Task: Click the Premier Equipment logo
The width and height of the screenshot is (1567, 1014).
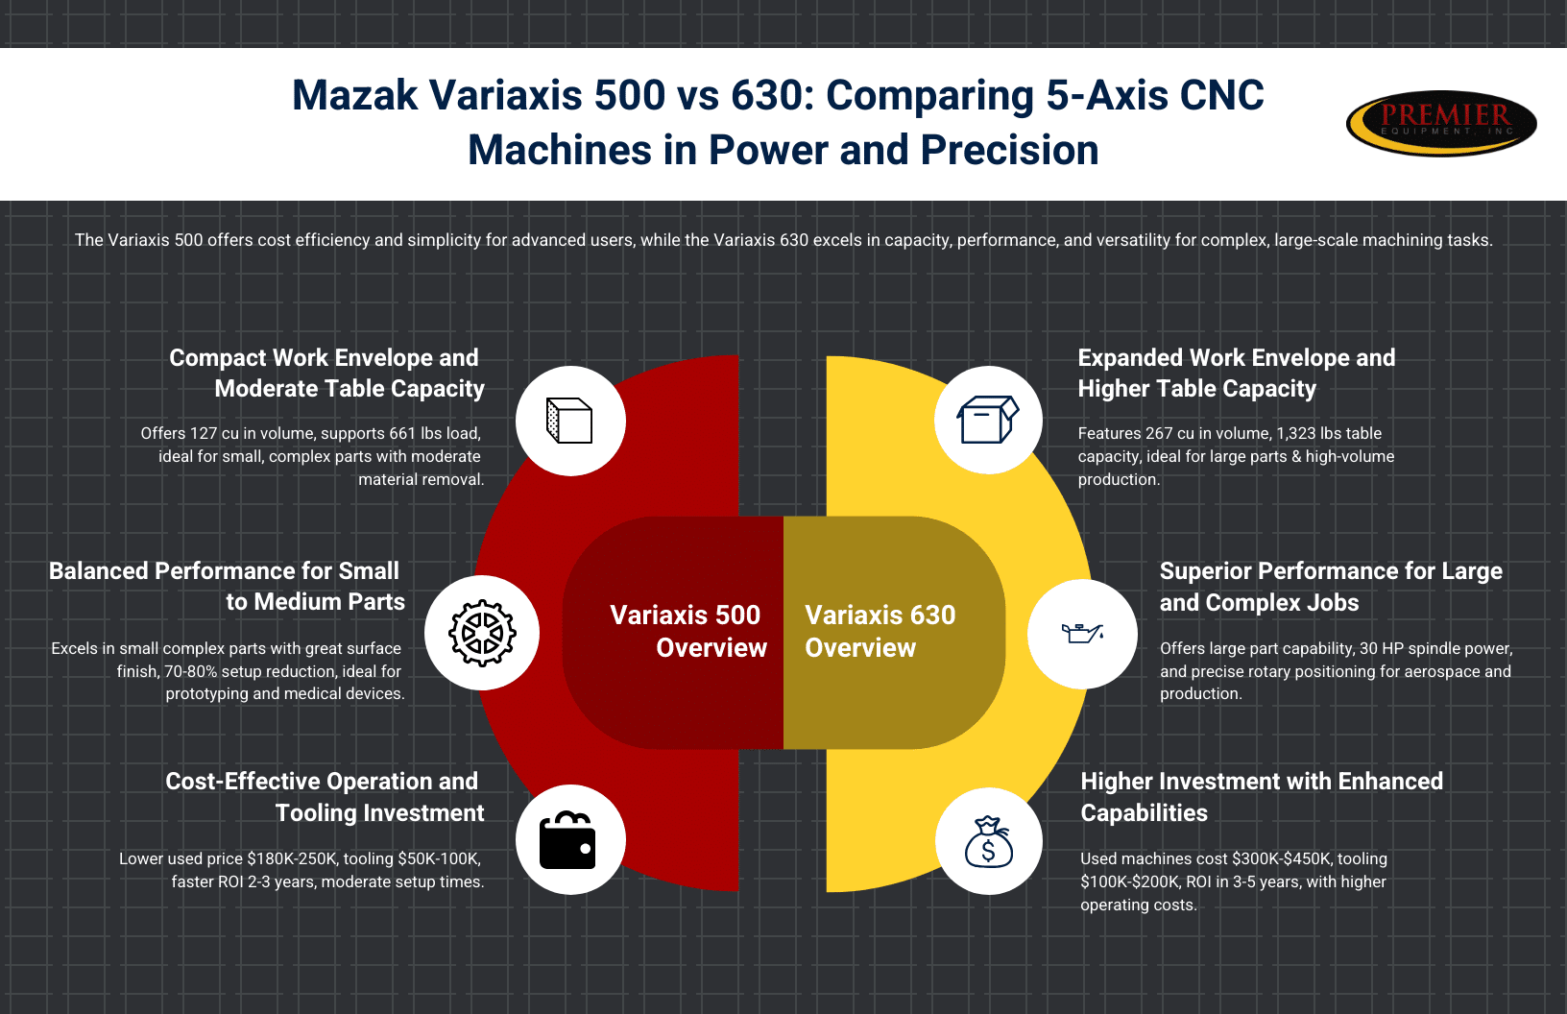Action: point(1441,123)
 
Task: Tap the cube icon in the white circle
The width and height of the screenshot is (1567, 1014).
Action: point(569,421)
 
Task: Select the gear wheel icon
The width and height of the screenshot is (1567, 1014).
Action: point(482,633)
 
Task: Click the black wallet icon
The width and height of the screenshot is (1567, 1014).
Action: point(567,840)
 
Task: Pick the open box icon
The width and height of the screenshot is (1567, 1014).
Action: point(988,420)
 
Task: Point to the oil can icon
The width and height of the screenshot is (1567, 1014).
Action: point(1082,633)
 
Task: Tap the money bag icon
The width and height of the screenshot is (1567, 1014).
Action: point(988,842)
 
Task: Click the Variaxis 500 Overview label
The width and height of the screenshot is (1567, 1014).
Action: point(688,631)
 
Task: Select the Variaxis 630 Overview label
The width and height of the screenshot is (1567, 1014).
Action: point(880,631)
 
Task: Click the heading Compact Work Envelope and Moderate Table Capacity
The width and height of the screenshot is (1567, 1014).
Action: point(326,373)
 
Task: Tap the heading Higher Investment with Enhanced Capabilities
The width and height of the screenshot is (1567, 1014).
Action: point(1262,796)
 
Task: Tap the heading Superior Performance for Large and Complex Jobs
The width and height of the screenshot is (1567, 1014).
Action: point(1331,587)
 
